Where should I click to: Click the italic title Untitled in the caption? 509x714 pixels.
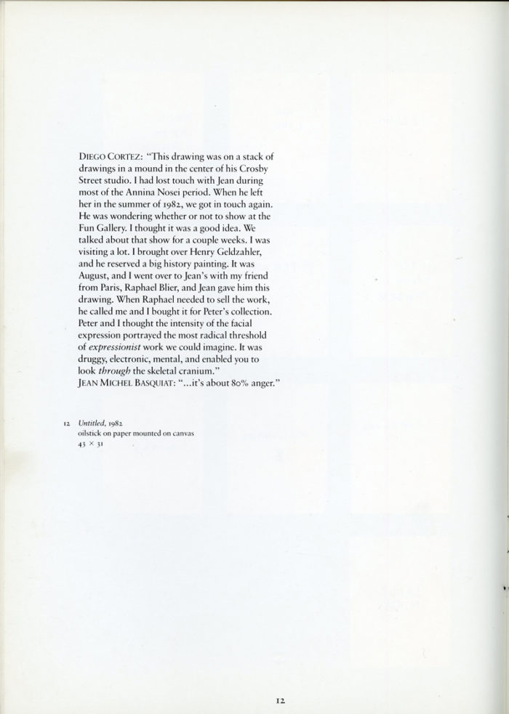80,423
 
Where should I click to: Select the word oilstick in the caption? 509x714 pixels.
79,434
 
